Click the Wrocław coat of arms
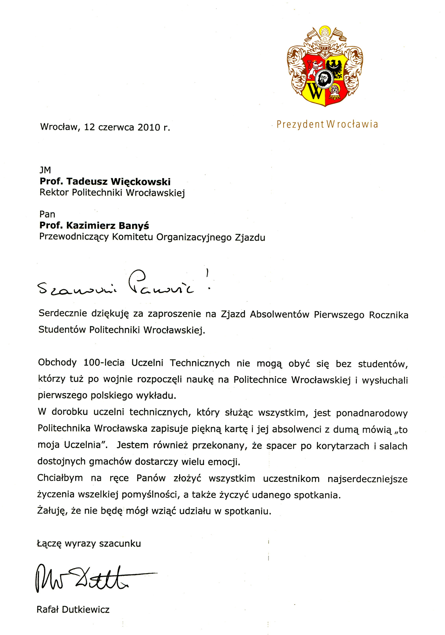click(325, 67)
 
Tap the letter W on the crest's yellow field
click(315, 91)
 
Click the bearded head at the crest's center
click(324, 79)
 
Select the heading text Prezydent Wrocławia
click(327, 124)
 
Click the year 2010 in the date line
click(149, 127)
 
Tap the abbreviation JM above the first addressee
click(45, 170)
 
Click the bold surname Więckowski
click(141, 182)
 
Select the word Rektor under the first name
click(55, 193)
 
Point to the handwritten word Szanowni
click(77, 290)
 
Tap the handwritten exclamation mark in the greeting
click(208, 280)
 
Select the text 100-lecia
click(104, 363)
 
